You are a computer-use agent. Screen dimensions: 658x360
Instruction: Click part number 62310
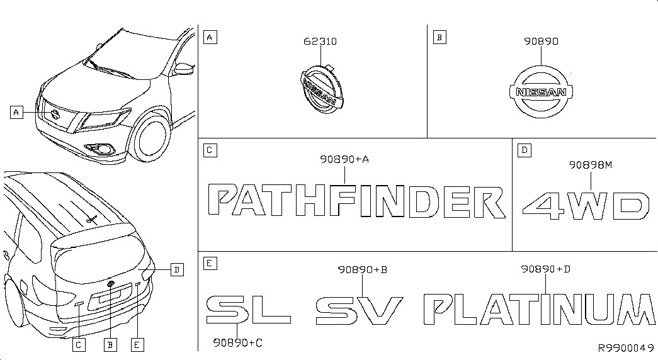320,41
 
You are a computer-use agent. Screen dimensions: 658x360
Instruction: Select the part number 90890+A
344,159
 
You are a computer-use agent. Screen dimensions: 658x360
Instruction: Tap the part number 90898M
591,165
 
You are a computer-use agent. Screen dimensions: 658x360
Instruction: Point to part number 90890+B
363,269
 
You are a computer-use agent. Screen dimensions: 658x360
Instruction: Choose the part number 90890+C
237,343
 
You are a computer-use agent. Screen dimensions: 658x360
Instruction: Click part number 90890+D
545,269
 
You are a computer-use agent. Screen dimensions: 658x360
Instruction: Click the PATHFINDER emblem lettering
356,201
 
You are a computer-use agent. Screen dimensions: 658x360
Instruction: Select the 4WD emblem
586,206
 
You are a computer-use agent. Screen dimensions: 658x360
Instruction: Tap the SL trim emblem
248,309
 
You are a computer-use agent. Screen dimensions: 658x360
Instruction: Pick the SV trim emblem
359,310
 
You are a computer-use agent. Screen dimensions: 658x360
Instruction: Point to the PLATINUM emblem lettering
539,309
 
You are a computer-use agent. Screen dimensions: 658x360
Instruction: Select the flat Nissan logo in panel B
541,92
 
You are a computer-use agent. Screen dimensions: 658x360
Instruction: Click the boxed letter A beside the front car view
16,113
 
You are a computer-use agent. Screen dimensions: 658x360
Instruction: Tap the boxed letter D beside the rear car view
177,270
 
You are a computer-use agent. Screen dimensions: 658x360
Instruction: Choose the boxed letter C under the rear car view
79,345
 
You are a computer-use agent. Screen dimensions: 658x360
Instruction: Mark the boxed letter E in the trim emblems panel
210,264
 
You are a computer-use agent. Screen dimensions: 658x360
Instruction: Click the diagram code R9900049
626,348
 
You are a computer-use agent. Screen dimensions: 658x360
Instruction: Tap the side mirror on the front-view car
184,68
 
